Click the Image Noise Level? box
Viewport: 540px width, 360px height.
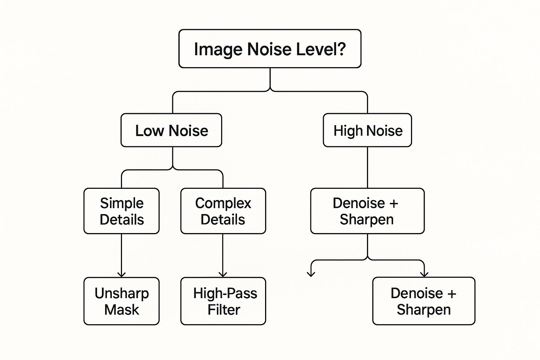[270, 49]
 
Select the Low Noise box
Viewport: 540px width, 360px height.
[171, 130]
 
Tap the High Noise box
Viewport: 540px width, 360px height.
[367, 130]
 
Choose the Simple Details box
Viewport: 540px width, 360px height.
[121, 211]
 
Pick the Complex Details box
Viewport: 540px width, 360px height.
[223, 211]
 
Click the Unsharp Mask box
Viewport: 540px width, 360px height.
[121, 301]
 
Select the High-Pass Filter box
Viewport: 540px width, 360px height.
[223, 301]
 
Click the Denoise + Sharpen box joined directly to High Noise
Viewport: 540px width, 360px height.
[367, 211]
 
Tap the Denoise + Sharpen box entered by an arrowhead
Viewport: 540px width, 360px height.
[424, 301]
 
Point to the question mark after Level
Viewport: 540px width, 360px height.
[341, 49]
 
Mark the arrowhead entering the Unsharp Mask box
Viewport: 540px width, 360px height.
[121, 274]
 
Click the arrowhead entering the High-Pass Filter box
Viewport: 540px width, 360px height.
[223, 274]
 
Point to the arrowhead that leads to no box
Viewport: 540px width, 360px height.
[311, 274]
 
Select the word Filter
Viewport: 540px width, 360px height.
[224, 310]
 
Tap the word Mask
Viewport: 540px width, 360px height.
[122, 310]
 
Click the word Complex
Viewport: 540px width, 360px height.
[223, 203]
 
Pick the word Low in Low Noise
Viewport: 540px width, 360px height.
[150, 131]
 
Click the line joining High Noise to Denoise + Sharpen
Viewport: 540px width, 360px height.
[367, 167]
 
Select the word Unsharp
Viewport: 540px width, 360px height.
[122, 293]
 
